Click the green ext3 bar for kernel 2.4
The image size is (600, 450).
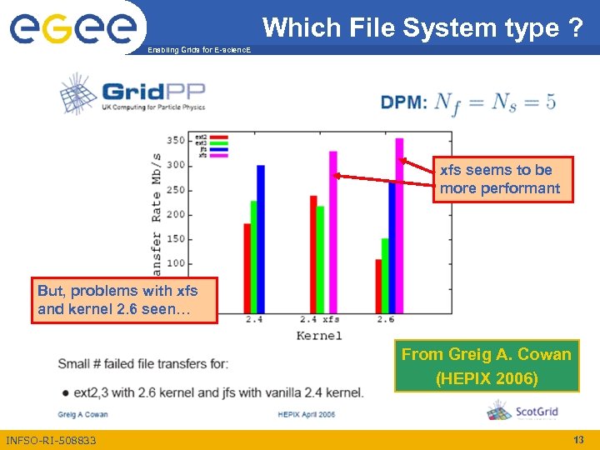coord(253,255)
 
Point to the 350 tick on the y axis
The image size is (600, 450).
coord(175,140)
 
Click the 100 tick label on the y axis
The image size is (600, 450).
coord(175,263)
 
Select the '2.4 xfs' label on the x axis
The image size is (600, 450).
coord(319,319)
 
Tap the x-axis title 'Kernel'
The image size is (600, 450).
coord(319,335)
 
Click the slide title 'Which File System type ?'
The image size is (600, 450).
coord(422,27)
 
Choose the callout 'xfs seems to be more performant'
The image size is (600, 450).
coord(502,179)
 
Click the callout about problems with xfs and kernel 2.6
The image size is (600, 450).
coord(124,300)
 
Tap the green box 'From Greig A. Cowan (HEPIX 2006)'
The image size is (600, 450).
coord(486,366)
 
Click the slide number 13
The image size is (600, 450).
coord(578,439)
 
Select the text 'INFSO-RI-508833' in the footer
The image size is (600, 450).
coord(51,440)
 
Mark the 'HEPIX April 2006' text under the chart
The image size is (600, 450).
coord(307,413)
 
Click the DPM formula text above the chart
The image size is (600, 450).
coord(468,103)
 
